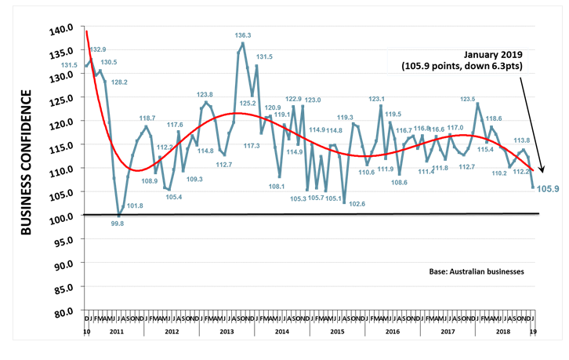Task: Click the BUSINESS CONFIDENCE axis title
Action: point(27,162)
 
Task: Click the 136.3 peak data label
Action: point(243,35)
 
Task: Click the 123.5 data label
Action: point(467,100)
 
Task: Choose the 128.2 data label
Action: point(119,82)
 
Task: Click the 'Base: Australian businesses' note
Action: point(477,271)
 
